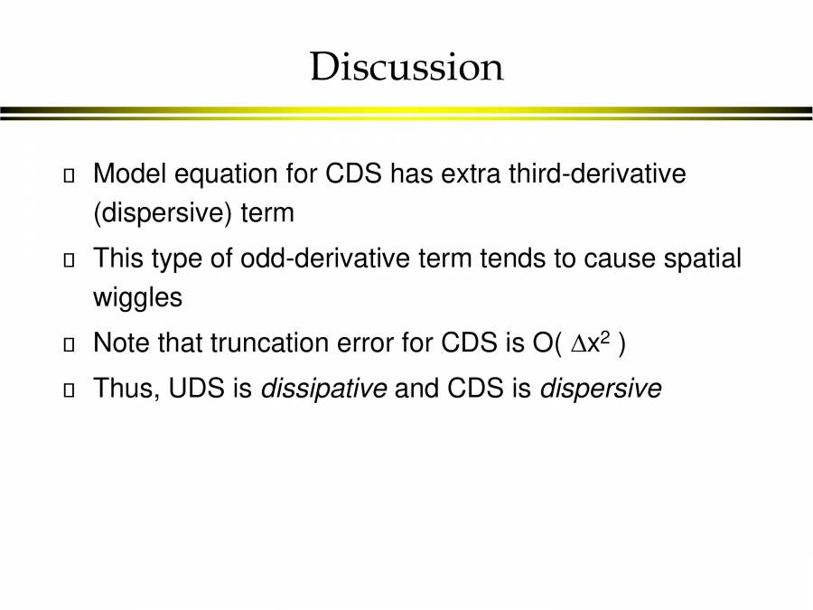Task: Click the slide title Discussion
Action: (406, 68)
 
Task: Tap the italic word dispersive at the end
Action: (601, 389)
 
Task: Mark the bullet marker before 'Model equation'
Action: (70, 175)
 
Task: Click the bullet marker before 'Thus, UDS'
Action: (70, 390)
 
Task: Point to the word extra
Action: (472, 174)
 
